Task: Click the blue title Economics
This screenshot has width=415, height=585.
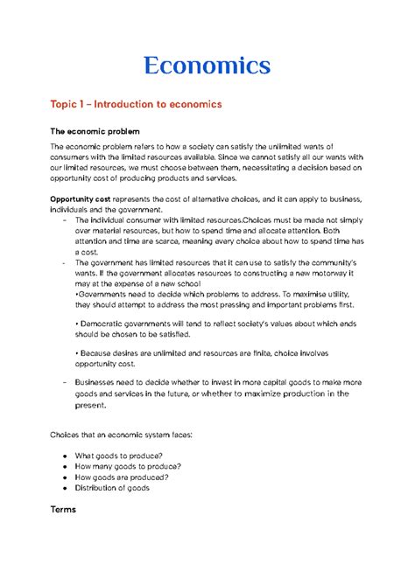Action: point(207,64)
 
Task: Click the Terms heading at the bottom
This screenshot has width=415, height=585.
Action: point(63,509)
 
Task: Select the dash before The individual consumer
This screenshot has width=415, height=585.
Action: point(53,219)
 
